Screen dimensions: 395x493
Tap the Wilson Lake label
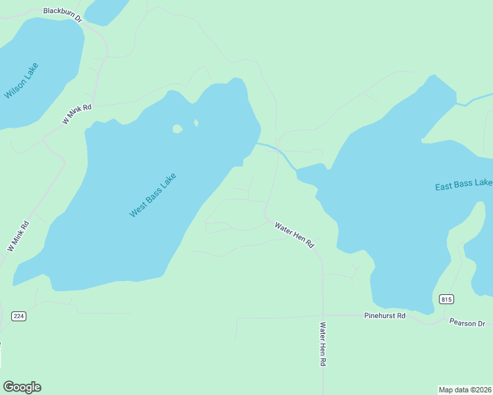(x=21, y=81)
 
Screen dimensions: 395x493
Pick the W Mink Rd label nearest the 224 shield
(x=18, y=236)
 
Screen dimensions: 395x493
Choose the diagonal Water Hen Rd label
(x=294, y=235)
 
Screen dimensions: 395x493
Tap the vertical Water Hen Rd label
(x=323, y=344)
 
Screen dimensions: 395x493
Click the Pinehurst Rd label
(x=385, y=316)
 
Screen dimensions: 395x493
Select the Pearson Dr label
(x=467, y=323)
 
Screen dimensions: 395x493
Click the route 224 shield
(x=18, y=316)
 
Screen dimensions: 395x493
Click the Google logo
(x=22, y=387)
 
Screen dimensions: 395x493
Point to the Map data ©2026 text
(x=465, y=389)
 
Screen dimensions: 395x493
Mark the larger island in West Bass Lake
(x=177, y=129)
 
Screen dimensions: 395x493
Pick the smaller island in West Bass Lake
(x=196, y=122)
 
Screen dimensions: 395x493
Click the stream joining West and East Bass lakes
(x=277, y=151)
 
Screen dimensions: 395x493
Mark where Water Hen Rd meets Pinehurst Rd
(x=323, y=315)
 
